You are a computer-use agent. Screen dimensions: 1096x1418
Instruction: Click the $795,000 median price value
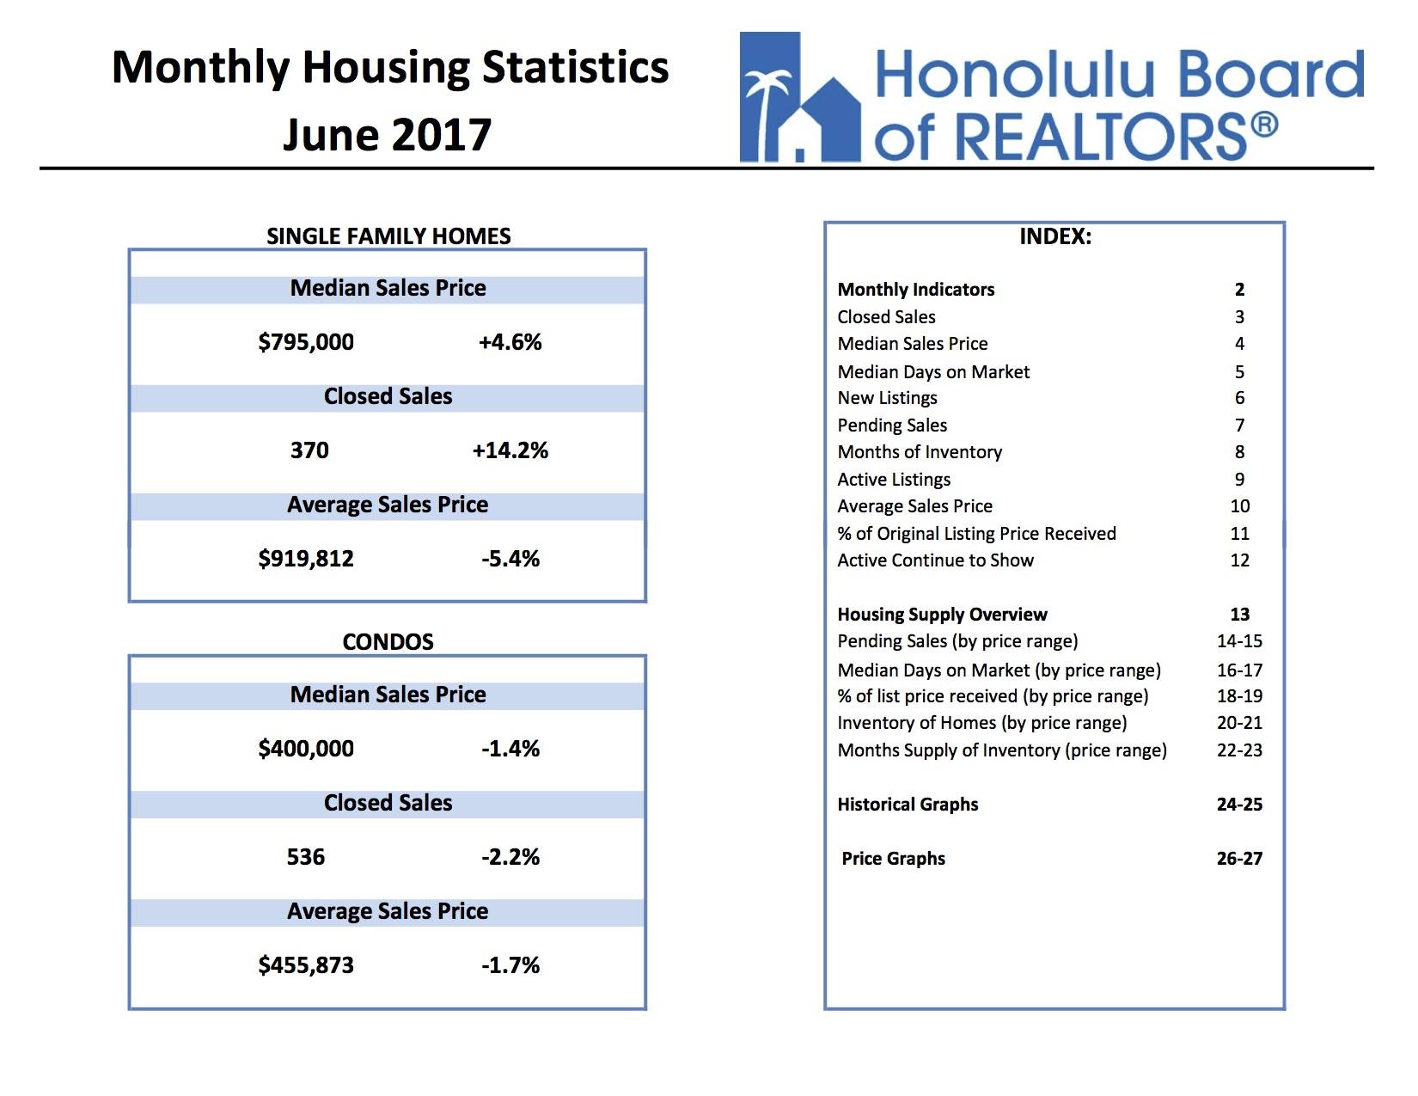click(x=306, y=342)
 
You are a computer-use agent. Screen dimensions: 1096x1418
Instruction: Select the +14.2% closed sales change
click(x=510, y=450)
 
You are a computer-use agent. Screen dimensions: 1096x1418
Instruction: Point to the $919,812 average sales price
click(x=306, y=559)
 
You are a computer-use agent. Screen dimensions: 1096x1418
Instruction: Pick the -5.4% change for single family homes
click(x=510, y=559)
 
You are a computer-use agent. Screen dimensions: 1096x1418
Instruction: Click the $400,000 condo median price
click(x=306, y=749)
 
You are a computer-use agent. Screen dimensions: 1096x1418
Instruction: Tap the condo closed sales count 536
click(x=306, y=857)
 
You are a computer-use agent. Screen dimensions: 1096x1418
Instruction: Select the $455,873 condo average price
click(x=306, y=965)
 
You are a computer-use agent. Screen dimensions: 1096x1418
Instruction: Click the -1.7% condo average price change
click(x=510, y=965)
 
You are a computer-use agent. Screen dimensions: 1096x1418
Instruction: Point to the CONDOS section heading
click(x=388, y=642)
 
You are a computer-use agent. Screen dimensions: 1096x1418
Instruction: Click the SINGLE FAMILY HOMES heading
click(x=388, y=236)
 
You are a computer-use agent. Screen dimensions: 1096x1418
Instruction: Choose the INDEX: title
click(x=1055, y=237)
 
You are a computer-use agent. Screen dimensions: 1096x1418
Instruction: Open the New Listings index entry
click(x=887, y=398)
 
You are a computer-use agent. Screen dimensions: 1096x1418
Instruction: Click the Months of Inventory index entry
click(x=920, y=452)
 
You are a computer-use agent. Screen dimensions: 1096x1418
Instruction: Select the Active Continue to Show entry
click(x=935, y=560)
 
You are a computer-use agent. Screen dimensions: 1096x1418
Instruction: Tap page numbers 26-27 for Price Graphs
click(x=1239, y=859)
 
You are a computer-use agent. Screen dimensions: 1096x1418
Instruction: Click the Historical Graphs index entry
click(x=908, y=805)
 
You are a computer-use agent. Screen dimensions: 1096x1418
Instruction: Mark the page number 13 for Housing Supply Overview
click(x=1239, y=615)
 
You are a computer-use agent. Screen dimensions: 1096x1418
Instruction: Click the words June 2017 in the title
click(x=388, y=135)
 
